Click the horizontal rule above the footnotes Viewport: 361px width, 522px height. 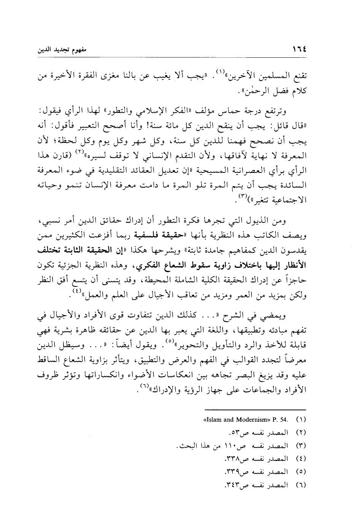coord(255,409)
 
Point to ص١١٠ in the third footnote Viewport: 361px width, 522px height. coord(237,446)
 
